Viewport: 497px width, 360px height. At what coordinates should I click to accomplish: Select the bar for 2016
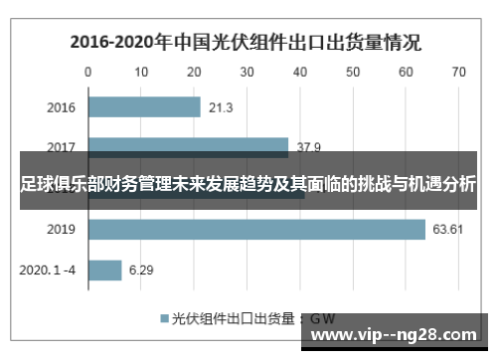pyautogui.click(x=144, y=106)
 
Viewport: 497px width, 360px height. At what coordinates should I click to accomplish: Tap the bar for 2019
pyautogui.click(x=256, y=230)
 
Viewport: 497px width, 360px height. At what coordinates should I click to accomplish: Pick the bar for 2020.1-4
pyautogui.click(x=105, y=270)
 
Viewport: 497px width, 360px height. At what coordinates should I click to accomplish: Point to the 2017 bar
pyautogui.click(x=189, y=147)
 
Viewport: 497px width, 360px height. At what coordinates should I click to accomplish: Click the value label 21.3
pyautogui.click(x=222, y=106)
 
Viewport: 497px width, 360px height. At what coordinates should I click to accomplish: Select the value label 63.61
pyautogui.click(x=448, y=230)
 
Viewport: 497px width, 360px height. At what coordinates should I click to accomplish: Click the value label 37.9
pyautogui.click(x=308, y=147)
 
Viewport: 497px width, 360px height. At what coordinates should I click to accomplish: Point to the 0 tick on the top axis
pyautogui.click(x=88, y=72)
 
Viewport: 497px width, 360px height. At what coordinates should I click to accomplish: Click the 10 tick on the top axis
pyautogui.click(x=141, y=72)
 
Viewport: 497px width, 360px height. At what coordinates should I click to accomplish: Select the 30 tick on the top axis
pyautogui.click(x=248, y=72)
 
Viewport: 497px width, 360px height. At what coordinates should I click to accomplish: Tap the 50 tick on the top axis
pyautogui.click(x=353, y=72)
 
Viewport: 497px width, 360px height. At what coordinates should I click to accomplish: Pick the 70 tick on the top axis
pyautogui.click(x=458, y=72)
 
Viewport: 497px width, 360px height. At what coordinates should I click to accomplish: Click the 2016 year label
pyautogui.click(x=62, y=106)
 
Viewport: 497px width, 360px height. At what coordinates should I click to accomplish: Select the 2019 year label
pyautogui.click(x=62, y=230)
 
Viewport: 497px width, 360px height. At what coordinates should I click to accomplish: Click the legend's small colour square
pyautogui.click(x=165, y=318)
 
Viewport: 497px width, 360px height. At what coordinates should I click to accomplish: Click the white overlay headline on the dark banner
pyautogui.click(x=248, y=185)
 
